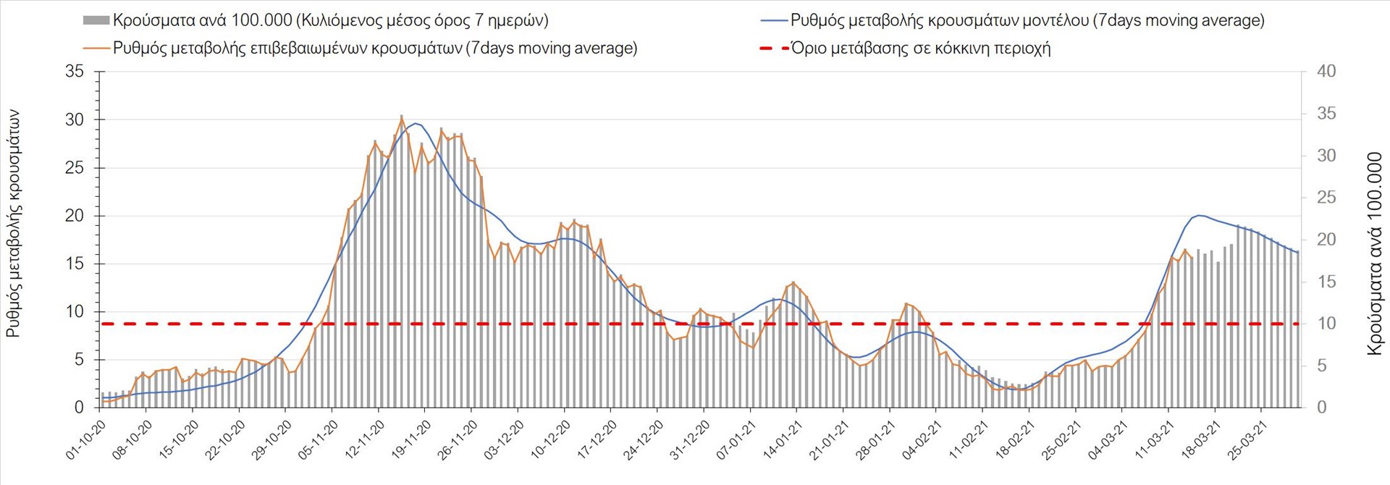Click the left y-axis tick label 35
coord(75,72)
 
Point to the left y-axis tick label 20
coord(75,216)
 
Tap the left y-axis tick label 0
coord(79,408)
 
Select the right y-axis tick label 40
coord(1326,72)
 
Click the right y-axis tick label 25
coord(1326,198)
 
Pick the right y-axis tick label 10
coord(1326,324)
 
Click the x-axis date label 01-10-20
coord(87,439)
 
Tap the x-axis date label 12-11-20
coord(366,439)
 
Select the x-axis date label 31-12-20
coord(691,439)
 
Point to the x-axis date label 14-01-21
coord(783,439)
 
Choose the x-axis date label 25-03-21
coord(1248,439)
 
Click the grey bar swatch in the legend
coord(96,20)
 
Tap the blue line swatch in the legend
coord(773,20)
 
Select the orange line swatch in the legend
coord(96,48)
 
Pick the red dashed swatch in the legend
coord(773,48)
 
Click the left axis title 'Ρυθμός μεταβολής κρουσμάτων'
coord(14,224)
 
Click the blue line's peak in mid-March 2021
coord(1199,215)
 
